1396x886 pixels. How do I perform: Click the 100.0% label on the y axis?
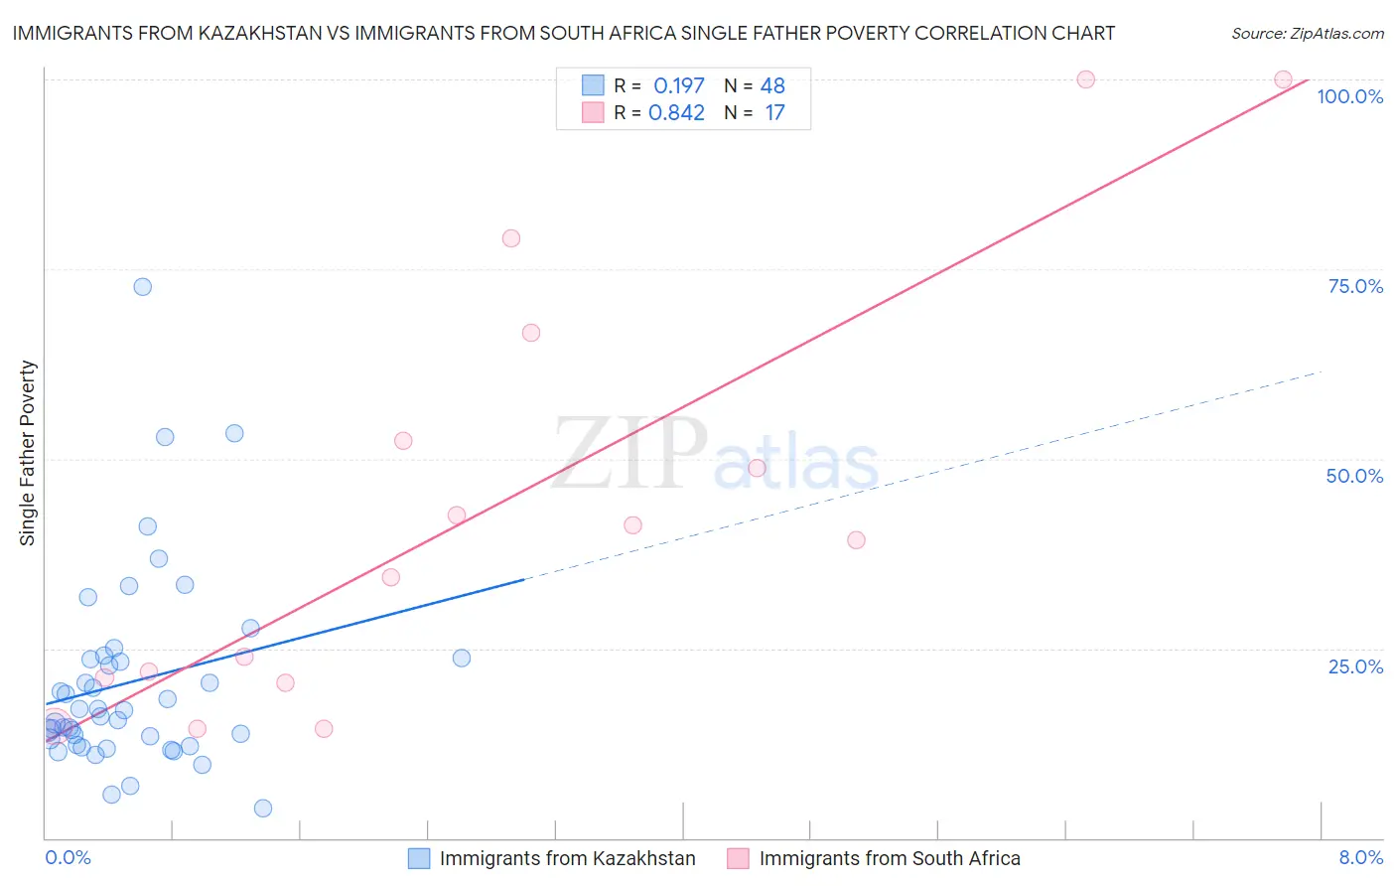pyautogui.click(x=1349, y=96)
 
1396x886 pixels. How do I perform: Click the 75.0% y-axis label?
pyautogui.click(x=1355, y=286)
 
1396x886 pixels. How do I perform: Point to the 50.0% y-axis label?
pyautogui.click(x=1354, y=476)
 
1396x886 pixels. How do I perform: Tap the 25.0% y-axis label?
pyautogui.click(x=1355, y=666)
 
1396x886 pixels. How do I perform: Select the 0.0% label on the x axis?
pyautogui.click(x=68, y=857)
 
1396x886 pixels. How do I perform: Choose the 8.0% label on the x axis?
pyautogui.click(x=1360, y=857)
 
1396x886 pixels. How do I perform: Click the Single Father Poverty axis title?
pyautogui.click(x=28, y=453)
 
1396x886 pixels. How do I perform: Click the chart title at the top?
pyautogui.click(x=564, y=33)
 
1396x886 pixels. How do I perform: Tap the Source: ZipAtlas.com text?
pyautogui.click(x=1307, y=33)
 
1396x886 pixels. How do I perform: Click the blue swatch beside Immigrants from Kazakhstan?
pyautogui.click(x=419, y=858)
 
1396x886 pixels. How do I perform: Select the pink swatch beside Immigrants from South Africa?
pyautogui.click(x=738, y=858)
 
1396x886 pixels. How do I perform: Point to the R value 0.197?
pyautogui.click(x=678, y=85)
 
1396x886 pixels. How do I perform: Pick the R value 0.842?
pyautogui.click(x=676, y=113)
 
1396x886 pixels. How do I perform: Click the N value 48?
pyautogui.click(x=772, y=85)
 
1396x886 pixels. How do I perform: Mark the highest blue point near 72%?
pyautogui.click(x=143, y=287)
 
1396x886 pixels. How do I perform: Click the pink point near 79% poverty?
pyautogui.click(x=511, y=238)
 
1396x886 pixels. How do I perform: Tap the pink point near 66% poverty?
pyautogui.click(x=531, y=333)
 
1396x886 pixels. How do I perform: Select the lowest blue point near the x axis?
pyautogui.click(x=263, y=809)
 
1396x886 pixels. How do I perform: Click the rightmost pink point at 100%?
pyautogui.click(x=1283, y=79)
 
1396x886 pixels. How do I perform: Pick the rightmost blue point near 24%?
pyautogui.click(x=462, y=658)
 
